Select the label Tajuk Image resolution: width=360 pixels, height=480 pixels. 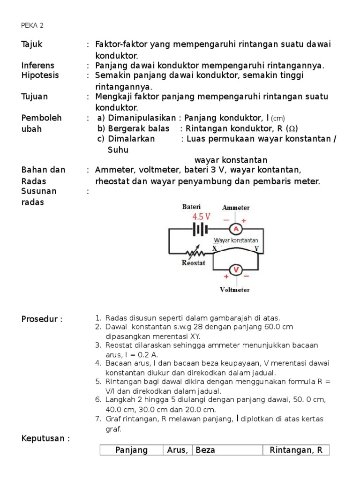pos(32,44)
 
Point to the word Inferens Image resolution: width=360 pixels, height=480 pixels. pos(38,65)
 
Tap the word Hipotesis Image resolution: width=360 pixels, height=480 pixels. pos(40,75)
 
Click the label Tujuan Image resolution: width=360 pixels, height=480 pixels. pos(35,97)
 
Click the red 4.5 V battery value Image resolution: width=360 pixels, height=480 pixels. pos(202,217)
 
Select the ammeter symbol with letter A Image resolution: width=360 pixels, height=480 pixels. pos(237,229)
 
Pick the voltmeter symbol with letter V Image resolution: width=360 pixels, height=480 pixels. pos(237,270)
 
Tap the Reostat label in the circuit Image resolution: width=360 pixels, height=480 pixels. pos(194,263)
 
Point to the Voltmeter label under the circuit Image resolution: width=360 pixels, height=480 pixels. pos(235,290)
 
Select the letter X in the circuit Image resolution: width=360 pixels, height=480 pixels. pos(215,248)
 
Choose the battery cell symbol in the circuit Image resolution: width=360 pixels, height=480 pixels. pos(200,229)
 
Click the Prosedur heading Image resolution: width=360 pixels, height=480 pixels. pos(42,319)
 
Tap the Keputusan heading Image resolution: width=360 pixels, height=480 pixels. pos(45,439)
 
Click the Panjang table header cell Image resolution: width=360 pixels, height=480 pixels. pos(131,450)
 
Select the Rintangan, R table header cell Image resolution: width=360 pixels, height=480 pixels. pos(296,450)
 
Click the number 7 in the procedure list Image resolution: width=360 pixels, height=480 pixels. pos(98,419)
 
